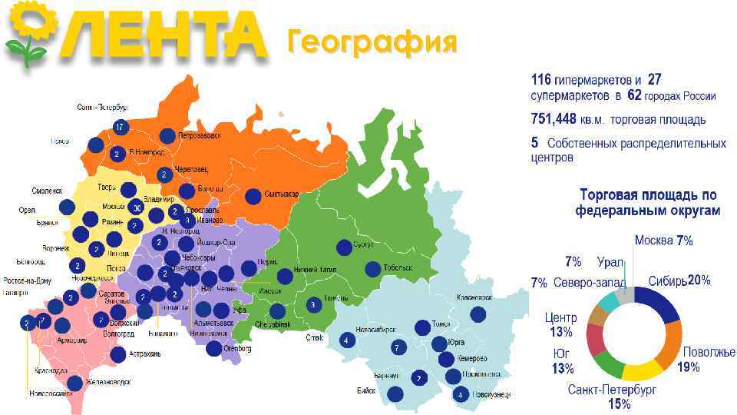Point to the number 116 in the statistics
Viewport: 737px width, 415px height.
click(542, 80)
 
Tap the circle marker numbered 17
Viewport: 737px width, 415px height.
click(120, 126)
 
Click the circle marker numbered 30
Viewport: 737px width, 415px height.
click(137, 207)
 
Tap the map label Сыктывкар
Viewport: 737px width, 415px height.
click(283, 194)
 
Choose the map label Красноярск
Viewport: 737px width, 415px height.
click(474, 297)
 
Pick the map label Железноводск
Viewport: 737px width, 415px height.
click(107, 381)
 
